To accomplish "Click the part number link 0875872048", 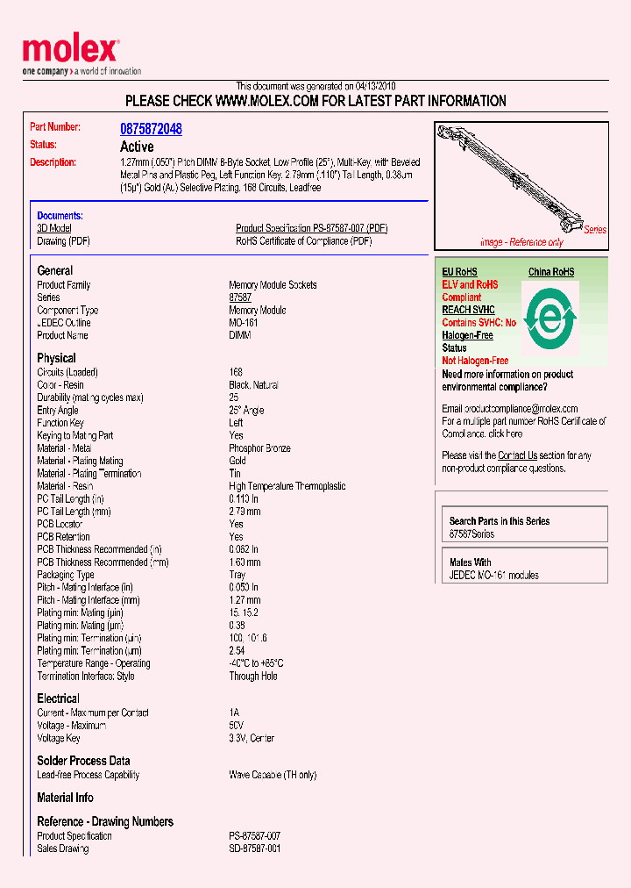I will pos(151,129).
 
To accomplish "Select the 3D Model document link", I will pos(53,228).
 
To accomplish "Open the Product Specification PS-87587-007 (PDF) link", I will pos(311,228).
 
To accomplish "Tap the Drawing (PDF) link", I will pos(63,241).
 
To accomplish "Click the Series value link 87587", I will pos(240,298).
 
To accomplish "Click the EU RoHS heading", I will pos(459,272).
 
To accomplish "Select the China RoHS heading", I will pos(551,272).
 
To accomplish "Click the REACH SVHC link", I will pos(468,310).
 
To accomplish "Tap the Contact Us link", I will pos(517,455).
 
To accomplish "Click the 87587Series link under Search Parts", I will pos(471,534).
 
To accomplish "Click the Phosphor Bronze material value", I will pos(259,448).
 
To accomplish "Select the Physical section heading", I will pos(56,358).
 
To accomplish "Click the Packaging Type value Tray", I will pos(238,575).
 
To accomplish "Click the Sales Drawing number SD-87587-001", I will pos(254,849).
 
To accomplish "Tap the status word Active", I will pos(137,147).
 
